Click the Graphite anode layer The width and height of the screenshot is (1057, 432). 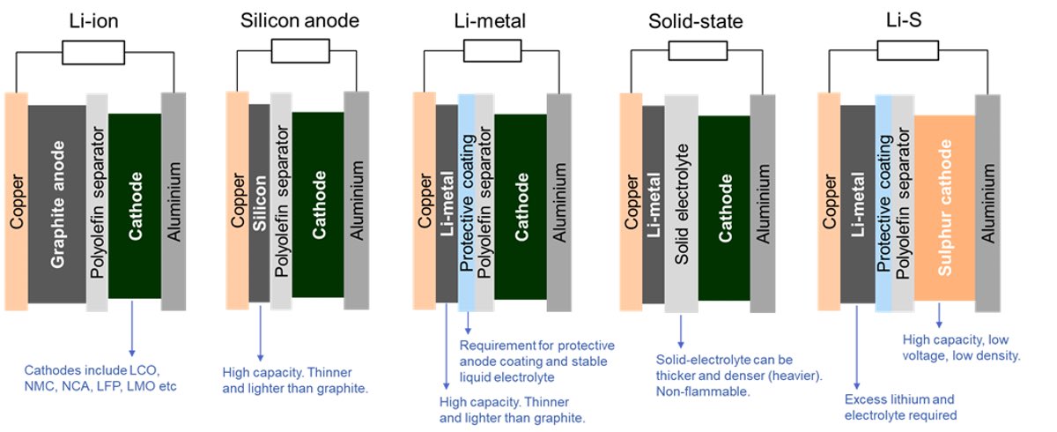pos(57,204)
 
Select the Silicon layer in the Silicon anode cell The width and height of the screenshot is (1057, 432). pos(260,203)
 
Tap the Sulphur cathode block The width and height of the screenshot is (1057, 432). pos(944,208)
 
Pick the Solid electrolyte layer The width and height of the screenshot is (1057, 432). pos(682,204)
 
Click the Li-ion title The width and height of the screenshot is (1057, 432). pos(94,21)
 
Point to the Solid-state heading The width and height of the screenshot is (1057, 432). pos(696,21)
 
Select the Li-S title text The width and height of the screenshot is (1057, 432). pos(904,20)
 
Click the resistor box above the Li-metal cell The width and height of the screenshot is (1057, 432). pos(492,51)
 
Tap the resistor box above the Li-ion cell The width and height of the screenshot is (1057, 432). pos(93,52)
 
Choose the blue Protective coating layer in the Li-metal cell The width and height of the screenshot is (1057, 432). pos(466,203)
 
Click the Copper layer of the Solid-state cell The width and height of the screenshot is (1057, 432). pos(631,202)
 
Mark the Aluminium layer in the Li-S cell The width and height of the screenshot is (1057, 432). pos(987,203)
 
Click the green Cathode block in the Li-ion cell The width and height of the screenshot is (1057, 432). pos(135,205)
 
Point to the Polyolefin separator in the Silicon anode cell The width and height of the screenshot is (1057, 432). pos(281,201)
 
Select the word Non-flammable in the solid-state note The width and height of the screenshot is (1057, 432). pos(703,391)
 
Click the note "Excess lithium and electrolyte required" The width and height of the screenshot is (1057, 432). pos(900,407)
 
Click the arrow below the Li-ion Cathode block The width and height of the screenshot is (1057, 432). pos(132,328)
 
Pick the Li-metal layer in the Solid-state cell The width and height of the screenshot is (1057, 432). pos(654,205)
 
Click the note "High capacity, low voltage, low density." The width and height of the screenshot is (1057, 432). pos(961,347)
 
